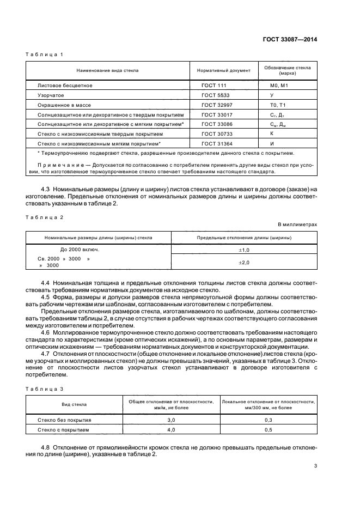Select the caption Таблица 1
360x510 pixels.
45,54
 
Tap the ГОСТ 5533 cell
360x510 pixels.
213,95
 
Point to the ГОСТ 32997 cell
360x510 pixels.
214,105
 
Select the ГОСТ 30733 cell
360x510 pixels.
214,133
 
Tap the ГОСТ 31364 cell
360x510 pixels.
214,143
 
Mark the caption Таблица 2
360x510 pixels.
45,217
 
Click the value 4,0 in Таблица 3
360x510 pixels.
170,430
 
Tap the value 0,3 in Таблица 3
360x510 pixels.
268,420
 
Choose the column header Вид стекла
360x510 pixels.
74,404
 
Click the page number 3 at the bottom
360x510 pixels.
315,465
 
